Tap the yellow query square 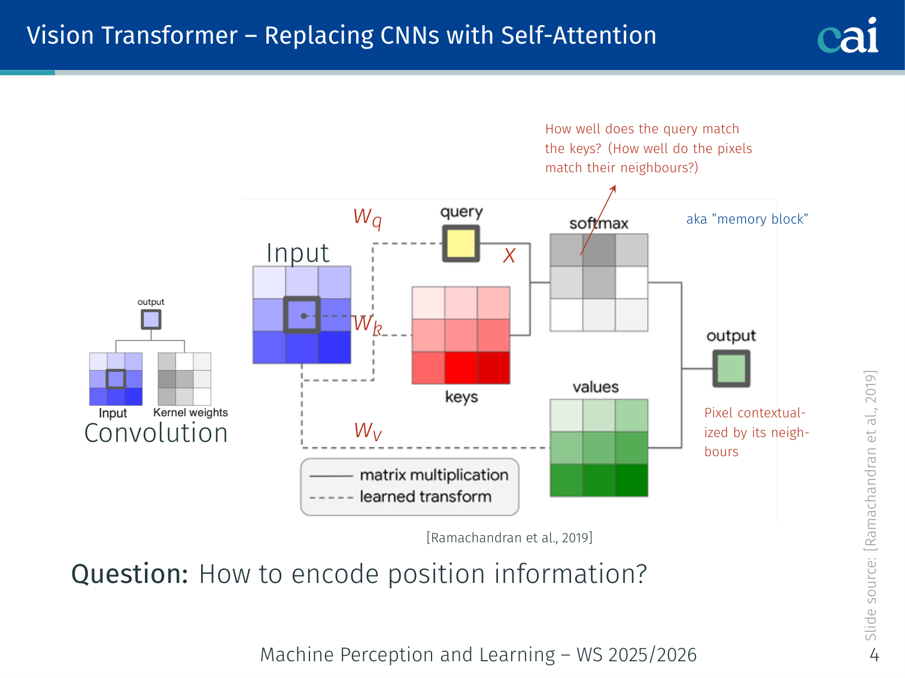click(461, 243)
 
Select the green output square click(731, 368)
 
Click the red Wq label click(368, 218)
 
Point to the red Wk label click(368, 325)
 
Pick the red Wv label click(368, 431)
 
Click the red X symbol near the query click(509, 256)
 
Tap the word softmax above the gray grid click(599, 224)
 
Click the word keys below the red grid click(461, 397)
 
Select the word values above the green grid click(596, 387)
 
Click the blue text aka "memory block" click(747, 219)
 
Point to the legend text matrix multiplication click(434, 475)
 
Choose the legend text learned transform click(426, 496)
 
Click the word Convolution click(156, 433)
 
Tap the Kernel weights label click(190, 413)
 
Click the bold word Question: click(129, 574)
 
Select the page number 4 click(874, 655)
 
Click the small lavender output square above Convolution click(151, 319)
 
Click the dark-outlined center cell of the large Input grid click(302, 315)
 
